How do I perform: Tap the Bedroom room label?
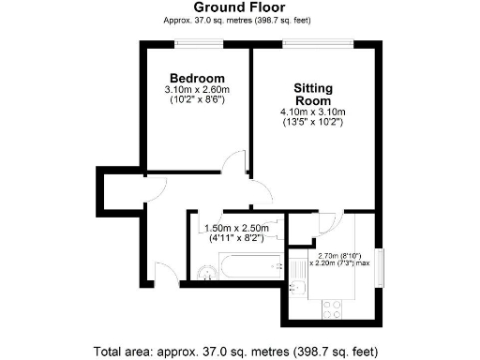pyautogui.click(x=197, y=77)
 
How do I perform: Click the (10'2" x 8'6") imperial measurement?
pyautogui.click(x=197, y=100)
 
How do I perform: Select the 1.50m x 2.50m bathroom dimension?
pyautogui.click(x=236, y=228)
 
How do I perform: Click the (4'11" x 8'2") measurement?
pyautogui.click(x=236, y=239)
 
